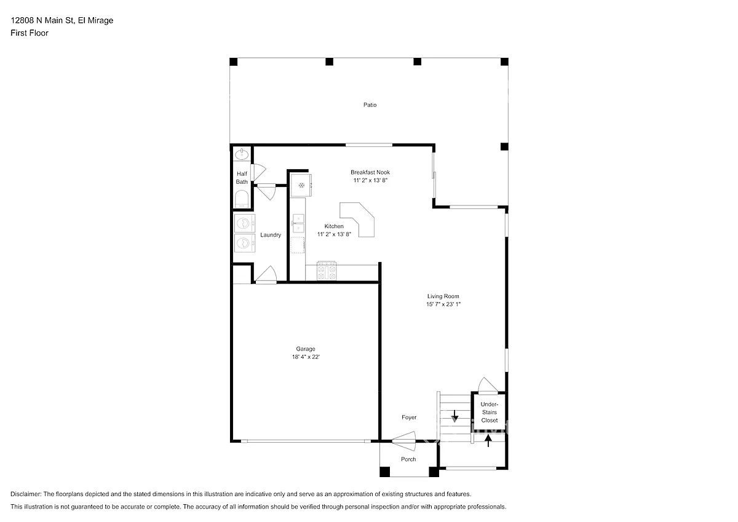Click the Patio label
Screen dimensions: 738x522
click(370, 105)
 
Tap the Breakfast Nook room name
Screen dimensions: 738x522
click(370, 172)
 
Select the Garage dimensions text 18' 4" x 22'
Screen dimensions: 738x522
click(306, 357)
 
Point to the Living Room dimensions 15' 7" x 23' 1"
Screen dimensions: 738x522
click(443, 304)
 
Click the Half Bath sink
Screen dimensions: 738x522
click(242, 154)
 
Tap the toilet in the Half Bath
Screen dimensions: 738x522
click(242, 199)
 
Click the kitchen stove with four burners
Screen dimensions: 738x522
click(327, 271)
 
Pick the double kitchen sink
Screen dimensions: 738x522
click(298, 223)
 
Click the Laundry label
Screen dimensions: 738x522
click(271, 235)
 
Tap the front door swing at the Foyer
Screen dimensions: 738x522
click(404, 441)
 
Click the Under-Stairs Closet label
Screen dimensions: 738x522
click(490, 413)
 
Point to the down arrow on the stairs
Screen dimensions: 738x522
click(454, 416)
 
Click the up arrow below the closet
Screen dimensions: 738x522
click(488, 441)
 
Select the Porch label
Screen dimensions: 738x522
click(408, 459)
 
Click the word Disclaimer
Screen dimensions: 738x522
click(26, 494)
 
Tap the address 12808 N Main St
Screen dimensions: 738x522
click(43, 20)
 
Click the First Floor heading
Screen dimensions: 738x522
click(30, 33)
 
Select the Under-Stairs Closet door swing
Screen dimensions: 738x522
click(488, 386)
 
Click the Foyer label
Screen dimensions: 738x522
click(409, 417)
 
